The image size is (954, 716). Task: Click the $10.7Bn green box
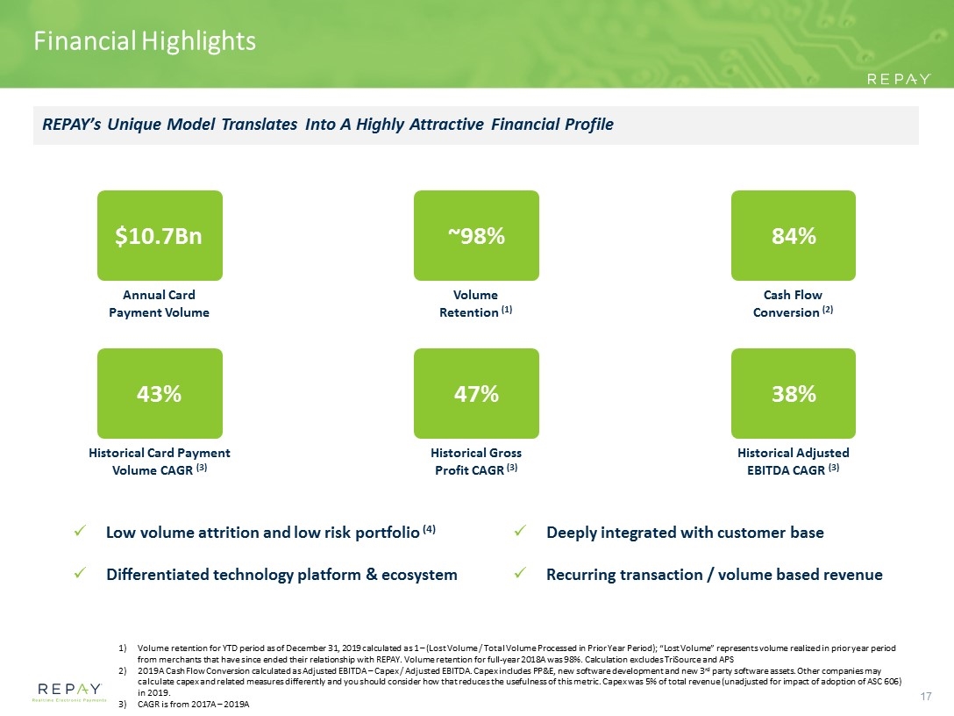coord(160,236)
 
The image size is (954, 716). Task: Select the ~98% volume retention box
coord(476,236)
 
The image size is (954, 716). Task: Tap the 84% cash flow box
coord(794,236)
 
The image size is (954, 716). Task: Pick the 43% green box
coord(160,393)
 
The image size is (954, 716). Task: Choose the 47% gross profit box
coord(476,393)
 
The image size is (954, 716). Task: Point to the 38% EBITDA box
coord(794,393)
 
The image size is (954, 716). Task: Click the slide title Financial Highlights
coord(145,41)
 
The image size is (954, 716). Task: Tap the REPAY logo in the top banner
coord(899,79)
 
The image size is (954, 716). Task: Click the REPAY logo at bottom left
coord(69,691)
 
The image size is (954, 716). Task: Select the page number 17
coord(925,696)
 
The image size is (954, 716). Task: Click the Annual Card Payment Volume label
coord(159,304)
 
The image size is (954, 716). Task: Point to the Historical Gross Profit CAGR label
coord(476,462)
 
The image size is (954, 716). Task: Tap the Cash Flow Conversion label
coord(793,304)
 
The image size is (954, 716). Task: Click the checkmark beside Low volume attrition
coord(79,531)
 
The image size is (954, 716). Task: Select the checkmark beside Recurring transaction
coord(520,573)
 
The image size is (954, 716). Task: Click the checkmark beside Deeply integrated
coord(520,531)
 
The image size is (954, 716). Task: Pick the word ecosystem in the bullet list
coord(419,576)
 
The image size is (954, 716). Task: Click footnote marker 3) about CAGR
coord(123,705)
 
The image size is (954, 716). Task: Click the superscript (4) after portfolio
coord(429,528)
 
